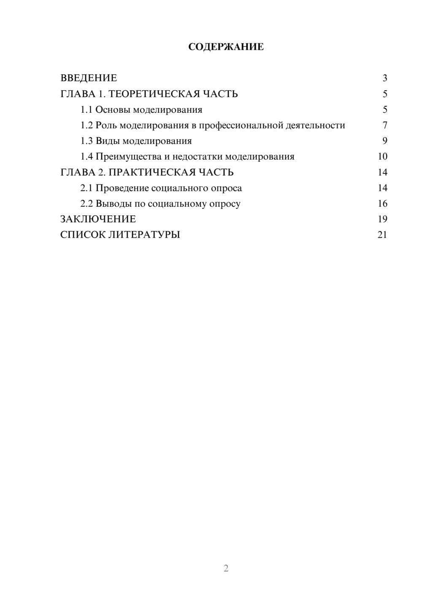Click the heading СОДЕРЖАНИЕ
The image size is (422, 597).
point(226,47)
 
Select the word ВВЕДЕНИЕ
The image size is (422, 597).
point(89,78)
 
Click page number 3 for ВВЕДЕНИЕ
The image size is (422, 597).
point(384,78)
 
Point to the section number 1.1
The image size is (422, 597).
point(87,110)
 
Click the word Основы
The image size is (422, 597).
point(113,110)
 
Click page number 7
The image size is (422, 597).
point(384,125)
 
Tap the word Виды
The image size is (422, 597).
point(108,141)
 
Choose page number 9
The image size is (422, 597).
point(384,141)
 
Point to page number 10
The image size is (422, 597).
point(382,157)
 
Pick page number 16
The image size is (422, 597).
point(382,204)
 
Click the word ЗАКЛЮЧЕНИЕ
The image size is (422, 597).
point(98,219)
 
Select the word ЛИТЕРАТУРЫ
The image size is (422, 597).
point(144,235)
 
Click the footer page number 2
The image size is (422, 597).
point(226,568)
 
